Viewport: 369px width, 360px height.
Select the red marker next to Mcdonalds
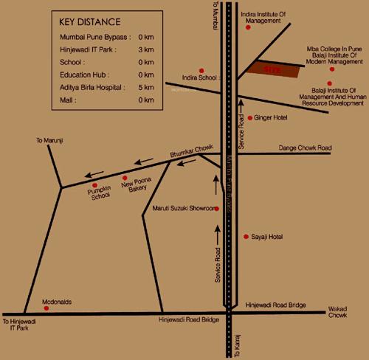coord(38,302)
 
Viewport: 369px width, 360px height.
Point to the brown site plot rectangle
coord(274,69)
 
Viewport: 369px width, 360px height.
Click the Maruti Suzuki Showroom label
coord(182,209)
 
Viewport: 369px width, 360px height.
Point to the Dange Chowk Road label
coord(305,148)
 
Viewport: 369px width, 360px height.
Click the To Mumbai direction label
coord(215,16)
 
